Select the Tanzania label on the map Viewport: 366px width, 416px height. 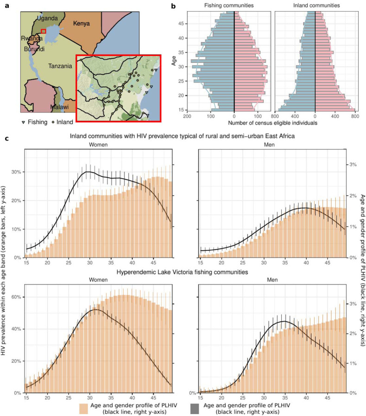click(x=60, y=66)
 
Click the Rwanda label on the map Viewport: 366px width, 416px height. click(x=31, y=38)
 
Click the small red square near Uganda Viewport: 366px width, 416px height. click(x=43, y=31)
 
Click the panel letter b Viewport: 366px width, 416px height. click(x=173, y=6)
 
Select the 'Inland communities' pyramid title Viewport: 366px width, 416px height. click(x=315, y=6)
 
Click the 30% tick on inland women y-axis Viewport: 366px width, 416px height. click(x=17, y=172)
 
